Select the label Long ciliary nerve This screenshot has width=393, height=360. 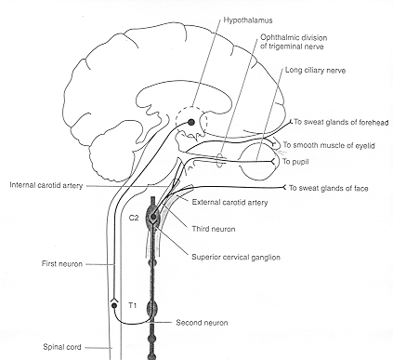click(x=312, y=70)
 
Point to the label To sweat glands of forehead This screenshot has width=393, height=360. click(x=339, y=122)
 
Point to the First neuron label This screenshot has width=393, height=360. click(x=36, y=264)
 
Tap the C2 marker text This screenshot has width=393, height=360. click(x=134, y=220)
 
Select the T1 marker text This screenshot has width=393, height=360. click(x=132, y=303)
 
